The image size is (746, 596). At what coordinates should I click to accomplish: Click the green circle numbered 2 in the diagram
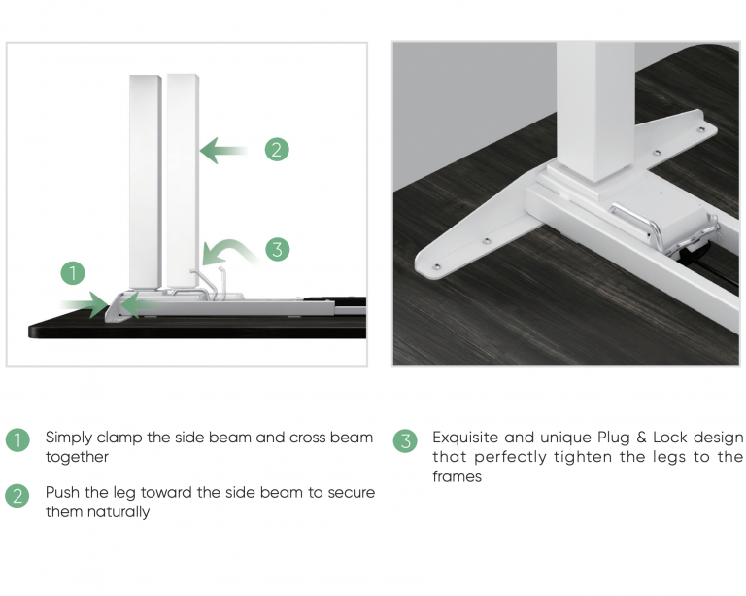tap(277, 150)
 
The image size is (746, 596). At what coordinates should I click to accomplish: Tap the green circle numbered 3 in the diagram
tap(278, 250)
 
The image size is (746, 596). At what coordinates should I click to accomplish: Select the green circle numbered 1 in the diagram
tap(73, 273)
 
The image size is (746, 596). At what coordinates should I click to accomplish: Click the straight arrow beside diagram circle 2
tap(223, 151)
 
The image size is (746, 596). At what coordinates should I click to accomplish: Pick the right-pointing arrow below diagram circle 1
tap(84, 304)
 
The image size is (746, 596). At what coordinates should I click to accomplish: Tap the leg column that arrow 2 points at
tap(183, 181)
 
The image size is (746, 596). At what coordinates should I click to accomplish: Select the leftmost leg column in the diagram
tap(145, 181)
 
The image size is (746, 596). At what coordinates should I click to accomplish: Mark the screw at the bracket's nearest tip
tap(437, 266)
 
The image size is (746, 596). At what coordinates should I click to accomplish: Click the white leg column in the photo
tap(594, 110)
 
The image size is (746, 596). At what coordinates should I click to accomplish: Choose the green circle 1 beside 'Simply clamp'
tap(17, 439)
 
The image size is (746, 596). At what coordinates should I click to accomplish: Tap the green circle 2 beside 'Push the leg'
tap(17, 496)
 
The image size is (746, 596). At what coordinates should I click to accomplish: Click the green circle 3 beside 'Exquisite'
tap(405, 440)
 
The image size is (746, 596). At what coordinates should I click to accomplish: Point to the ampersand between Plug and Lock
tap(641, 437)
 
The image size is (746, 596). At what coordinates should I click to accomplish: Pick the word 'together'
tap(77, 457)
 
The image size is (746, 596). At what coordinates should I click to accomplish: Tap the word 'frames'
tap(457, 476)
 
